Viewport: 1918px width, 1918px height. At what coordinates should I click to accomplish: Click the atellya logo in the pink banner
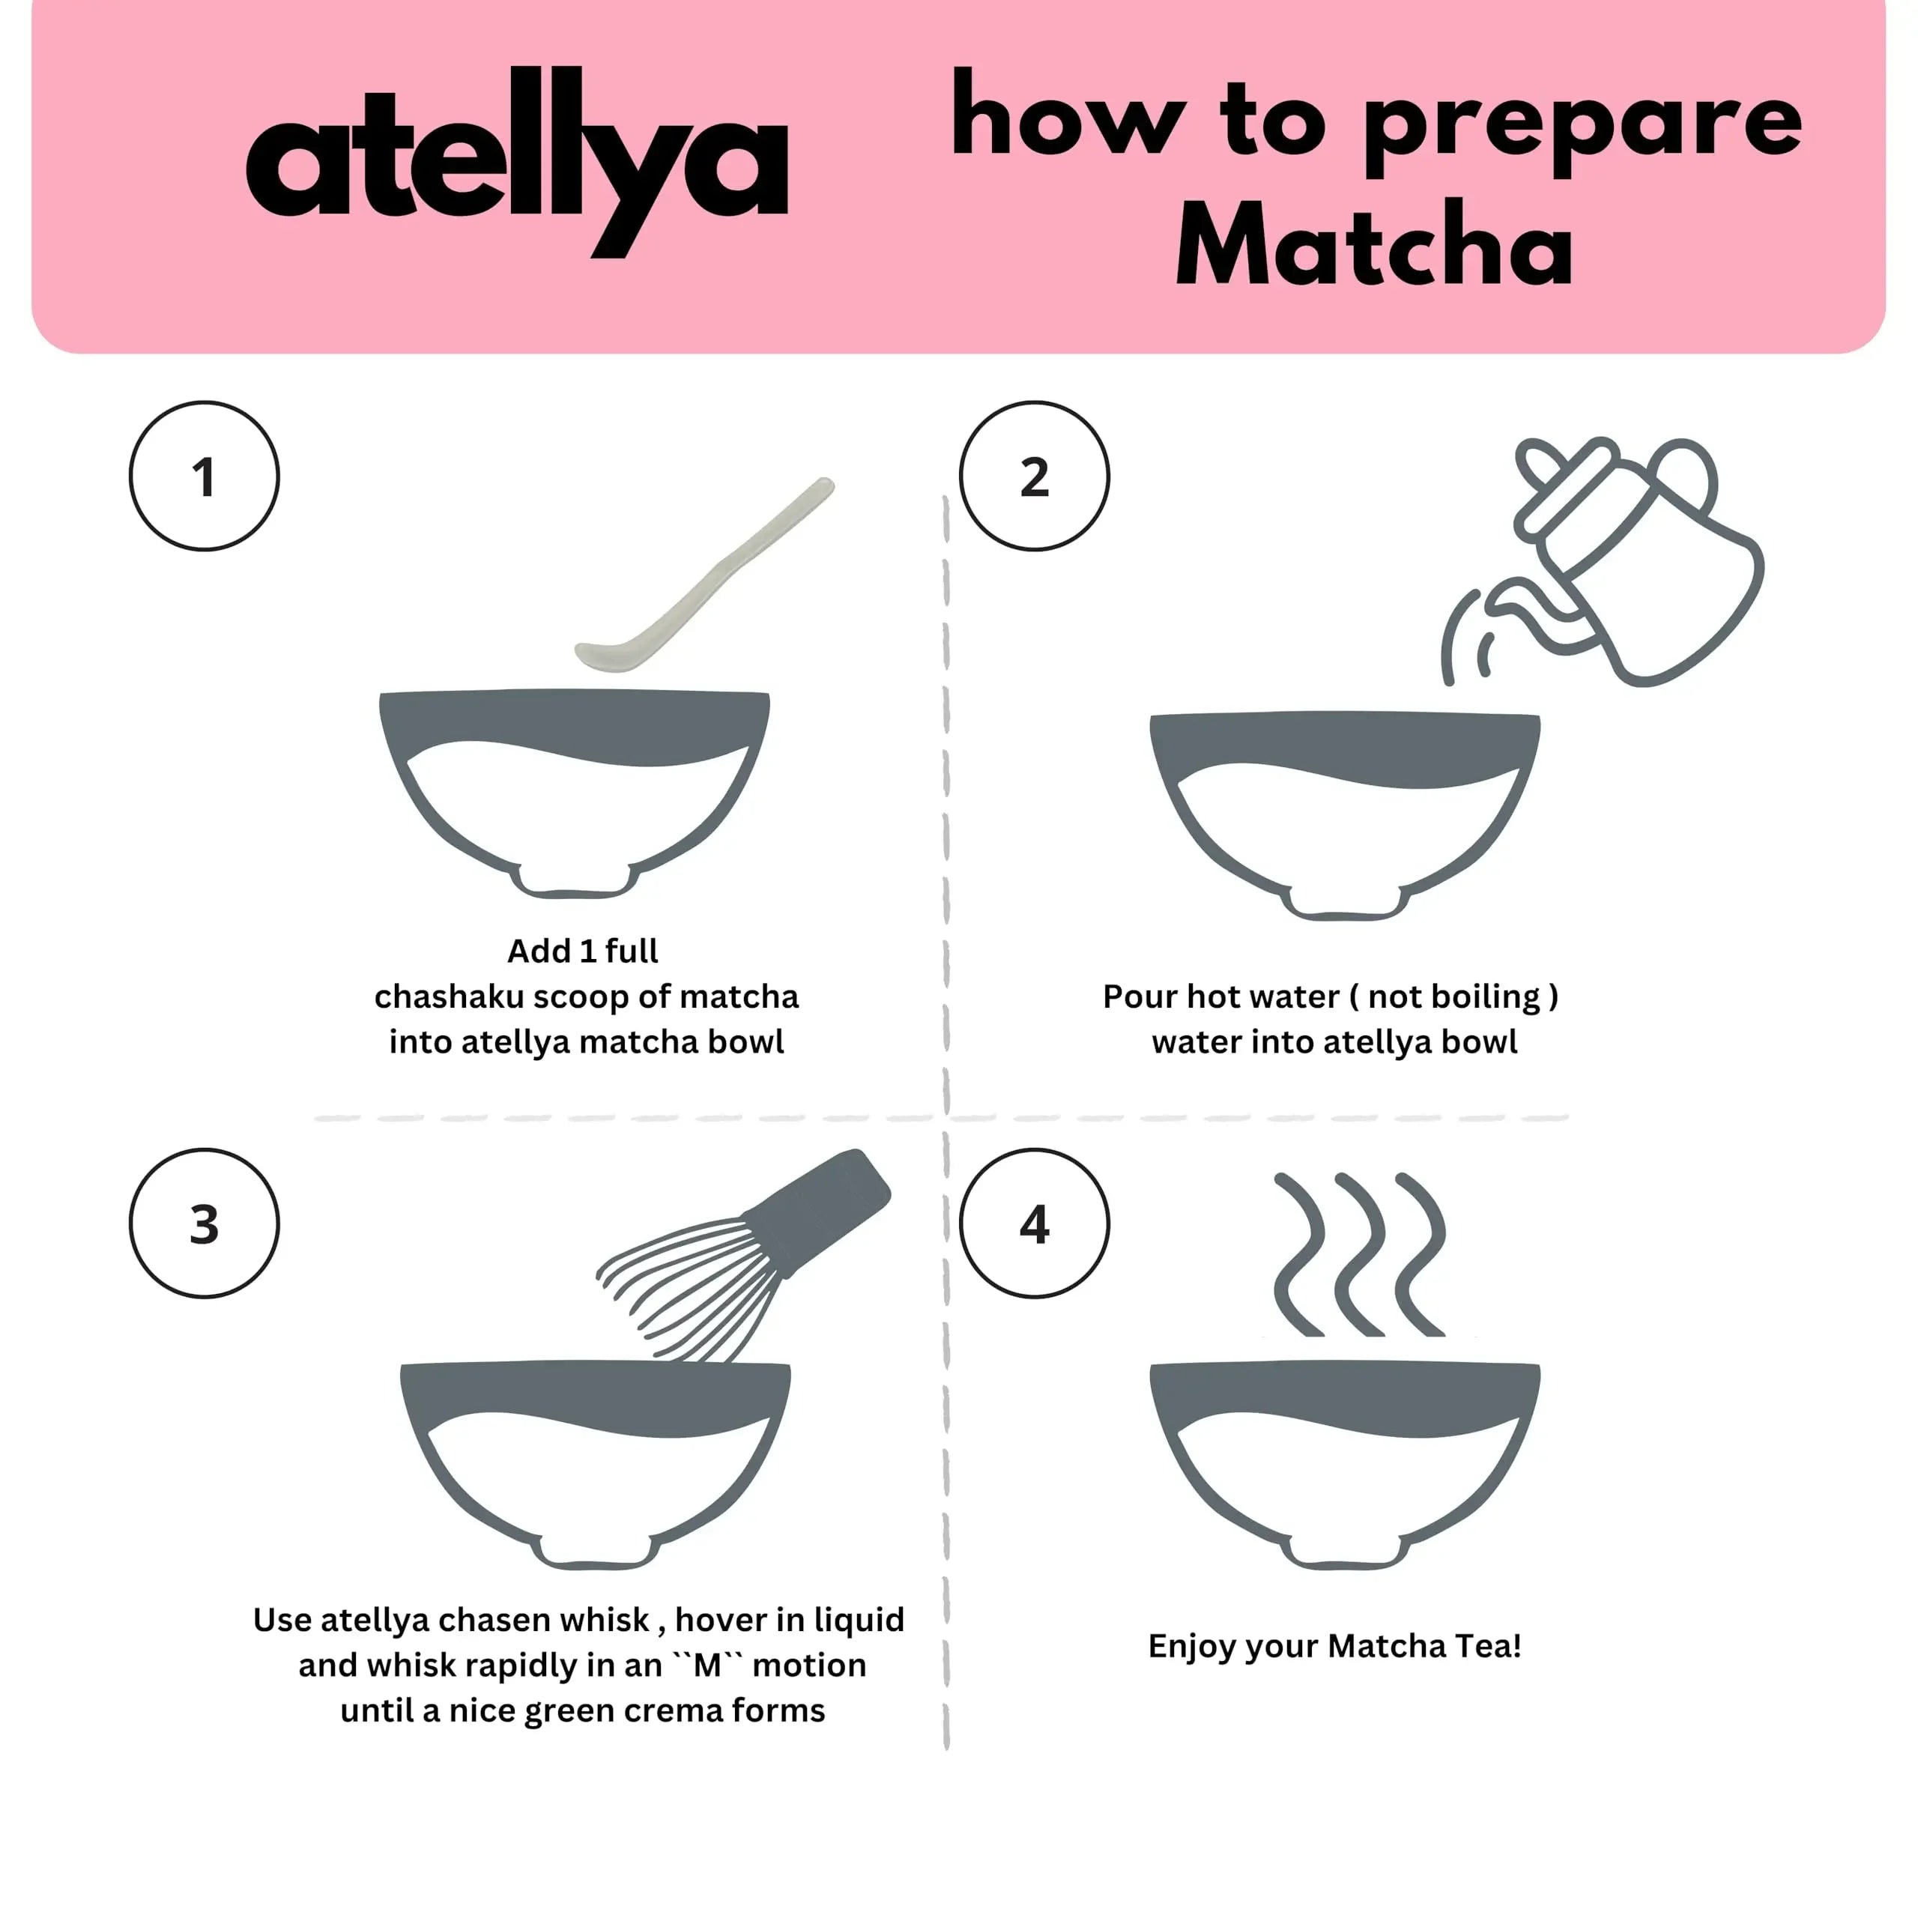coord(516,159)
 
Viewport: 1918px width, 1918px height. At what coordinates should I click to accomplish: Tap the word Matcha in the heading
coord(1374,244)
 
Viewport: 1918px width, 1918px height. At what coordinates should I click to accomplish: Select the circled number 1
coord(204,477)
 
